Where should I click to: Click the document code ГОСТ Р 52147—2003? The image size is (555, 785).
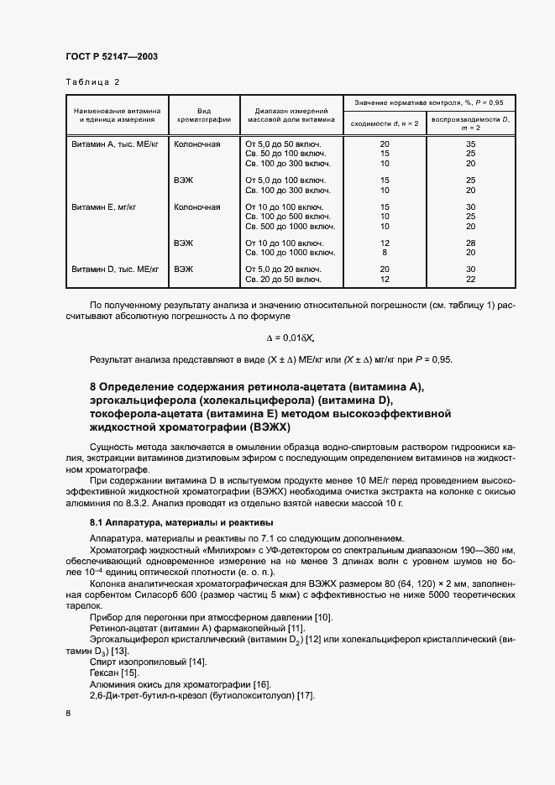[x=111, y=56]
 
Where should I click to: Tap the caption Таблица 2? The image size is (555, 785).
[x=92, y=82]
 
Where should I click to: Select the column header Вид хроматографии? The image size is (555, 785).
[x=202, y=114]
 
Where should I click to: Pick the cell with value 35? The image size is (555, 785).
[x=471, y=144]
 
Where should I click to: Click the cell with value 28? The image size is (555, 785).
[x=471, y=243]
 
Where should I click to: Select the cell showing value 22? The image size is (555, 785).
[x=471, y=279]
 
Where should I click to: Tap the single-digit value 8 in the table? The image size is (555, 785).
[x=385, y=252]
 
